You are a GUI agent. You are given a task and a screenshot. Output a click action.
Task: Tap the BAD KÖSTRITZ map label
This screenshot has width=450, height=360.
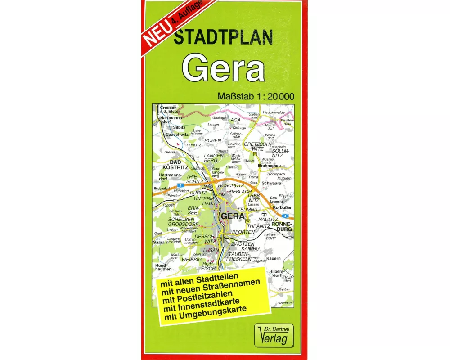click(175, 164)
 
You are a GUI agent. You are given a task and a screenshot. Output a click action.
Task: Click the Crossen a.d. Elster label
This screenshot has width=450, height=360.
click(170, 109)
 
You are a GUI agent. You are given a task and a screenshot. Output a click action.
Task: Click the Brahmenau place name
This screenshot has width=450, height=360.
click(269, 166)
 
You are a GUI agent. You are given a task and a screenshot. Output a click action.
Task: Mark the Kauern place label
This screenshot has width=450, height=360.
click(273, 258)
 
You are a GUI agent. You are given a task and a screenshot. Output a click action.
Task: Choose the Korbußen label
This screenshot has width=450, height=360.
click(283, 207)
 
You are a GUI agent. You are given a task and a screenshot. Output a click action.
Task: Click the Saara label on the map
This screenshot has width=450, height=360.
click(159, 242)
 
